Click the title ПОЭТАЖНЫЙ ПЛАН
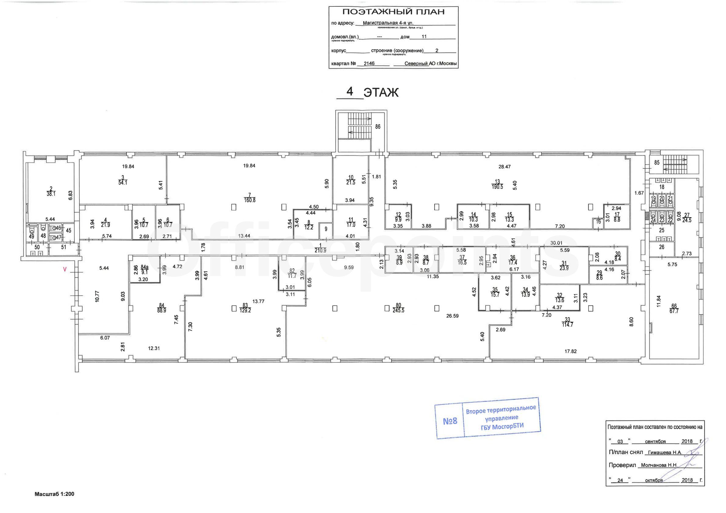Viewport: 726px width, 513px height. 394,12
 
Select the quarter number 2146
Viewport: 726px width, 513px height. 369,63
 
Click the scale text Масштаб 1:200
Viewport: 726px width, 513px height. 54,494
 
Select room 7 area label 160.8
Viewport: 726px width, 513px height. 250,200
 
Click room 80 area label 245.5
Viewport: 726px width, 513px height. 398,310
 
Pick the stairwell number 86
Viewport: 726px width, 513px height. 378,127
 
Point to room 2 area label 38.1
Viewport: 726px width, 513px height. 51,194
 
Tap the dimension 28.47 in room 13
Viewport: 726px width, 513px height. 504,167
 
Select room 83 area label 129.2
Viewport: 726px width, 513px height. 245,310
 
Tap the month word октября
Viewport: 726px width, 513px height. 654,480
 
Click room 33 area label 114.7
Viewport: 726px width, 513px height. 568,325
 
